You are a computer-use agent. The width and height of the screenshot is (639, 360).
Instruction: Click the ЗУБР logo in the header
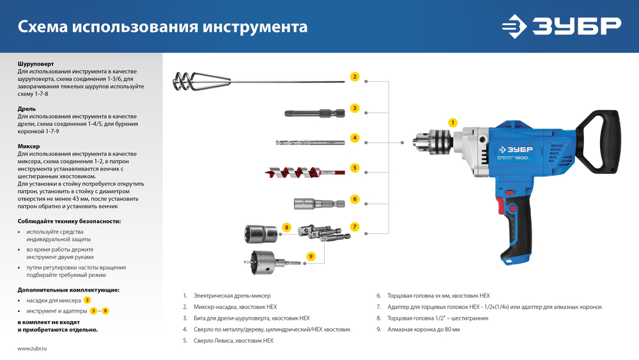pyautogui.click(x=561, y=26)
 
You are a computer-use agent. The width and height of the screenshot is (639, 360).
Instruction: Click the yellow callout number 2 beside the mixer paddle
pyautogui.click(x=355, y=77)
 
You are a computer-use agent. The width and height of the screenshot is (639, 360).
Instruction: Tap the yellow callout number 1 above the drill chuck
pyautogui.click(x=452, y=122)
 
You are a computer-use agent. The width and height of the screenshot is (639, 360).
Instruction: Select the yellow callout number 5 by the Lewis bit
pyautogui.click(x=355, y=168)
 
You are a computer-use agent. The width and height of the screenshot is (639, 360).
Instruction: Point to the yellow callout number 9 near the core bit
pyautogui.click(x=311, y=256)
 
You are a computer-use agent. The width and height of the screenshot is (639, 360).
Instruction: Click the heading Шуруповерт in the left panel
pyautogui.click(x=36, y=64)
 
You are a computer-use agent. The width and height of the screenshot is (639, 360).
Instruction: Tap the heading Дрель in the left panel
pyautogui.click(x=27, y=109)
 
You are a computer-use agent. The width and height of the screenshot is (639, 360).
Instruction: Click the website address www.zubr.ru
pyautogui.click(x=33, y=348)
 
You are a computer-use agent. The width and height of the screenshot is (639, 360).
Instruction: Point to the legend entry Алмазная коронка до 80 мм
pyautogui.click(x=422, y=329)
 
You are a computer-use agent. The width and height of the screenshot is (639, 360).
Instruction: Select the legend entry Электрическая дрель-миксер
pyautogui.click(x=232, y=296)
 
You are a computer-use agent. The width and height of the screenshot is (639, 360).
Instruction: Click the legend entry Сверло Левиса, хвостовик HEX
pyautogui.click(x=233, y=341)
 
